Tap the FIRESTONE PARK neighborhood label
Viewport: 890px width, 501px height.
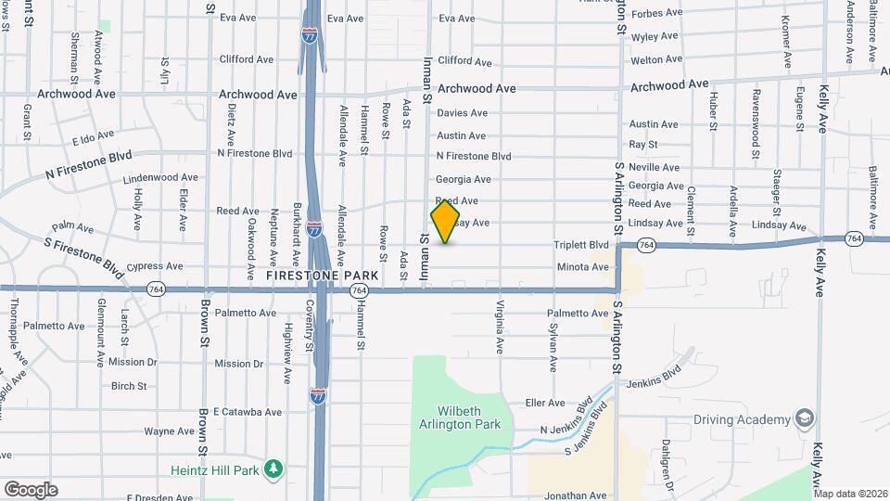point(323,276)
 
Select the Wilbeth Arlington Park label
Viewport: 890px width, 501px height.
point(468,417)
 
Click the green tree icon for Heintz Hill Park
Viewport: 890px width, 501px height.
point(273,469)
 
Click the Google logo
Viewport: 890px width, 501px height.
point(31,489)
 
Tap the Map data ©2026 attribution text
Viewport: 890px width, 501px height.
point(850,494)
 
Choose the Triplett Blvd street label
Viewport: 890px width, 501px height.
point(581,245)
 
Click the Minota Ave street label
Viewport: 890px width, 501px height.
point(581,267)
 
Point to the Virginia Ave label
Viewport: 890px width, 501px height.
point(500,328)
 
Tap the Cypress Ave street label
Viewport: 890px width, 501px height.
point(155,266)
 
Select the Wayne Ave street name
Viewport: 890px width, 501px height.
point(169,431)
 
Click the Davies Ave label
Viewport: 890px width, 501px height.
point(462,113)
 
